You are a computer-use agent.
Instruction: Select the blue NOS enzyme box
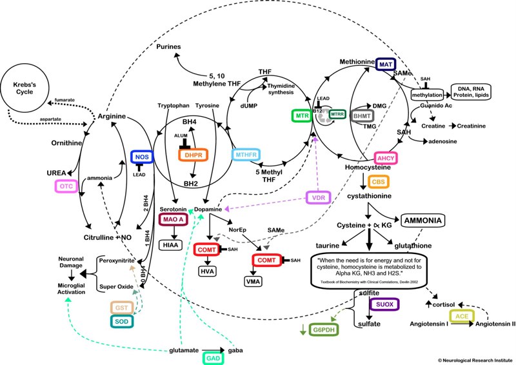[x=141, y=157]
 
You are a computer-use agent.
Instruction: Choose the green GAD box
[x=215, y=357]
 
